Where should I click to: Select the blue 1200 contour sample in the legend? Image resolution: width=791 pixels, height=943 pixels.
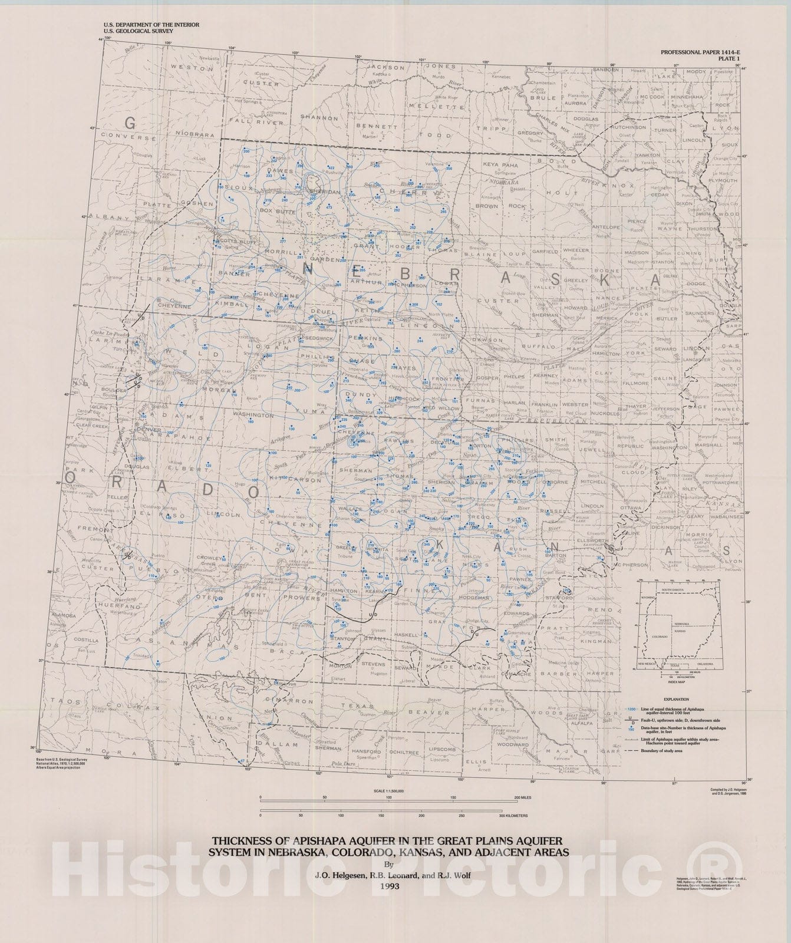click(633, 707)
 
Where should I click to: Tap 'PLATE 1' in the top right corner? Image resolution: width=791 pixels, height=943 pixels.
click(728, 59)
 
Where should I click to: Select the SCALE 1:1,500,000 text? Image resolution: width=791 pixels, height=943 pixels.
click(387, 790)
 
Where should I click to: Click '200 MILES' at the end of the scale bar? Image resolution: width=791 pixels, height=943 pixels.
click(524, 797)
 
